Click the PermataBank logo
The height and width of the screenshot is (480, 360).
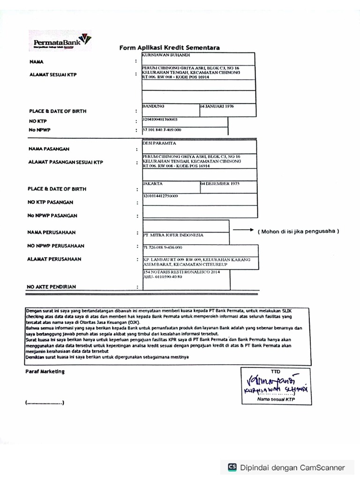click(60, 40)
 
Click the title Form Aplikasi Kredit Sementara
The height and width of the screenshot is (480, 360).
click(169, 48)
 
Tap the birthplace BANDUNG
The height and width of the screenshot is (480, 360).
click(153, 106)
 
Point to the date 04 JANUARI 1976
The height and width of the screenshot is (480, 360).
click(217, 106)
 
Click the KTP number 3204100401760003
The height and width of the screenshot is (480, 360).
click(160, 120)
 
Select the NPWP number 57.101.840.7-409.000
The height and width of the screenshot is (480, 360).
click(162, 130)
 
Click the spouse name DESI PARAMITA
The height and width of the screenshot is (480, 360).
click(159, 143)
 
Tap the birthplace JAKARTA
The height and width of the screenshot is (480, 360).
click(153, 184)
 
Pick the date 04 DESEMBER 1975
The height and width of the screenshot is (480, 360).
click(220, 184)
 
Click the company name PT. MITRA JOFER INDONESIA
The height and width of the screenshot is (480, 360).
click(173, 235)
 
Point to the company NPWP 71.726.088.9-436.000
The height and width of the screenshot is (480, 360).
click(163, 247)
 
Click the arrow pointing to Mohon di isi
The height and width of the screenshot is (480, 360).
click(243, 230)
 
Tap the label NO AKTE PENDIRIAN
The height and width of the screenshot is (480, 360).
click(52, 286)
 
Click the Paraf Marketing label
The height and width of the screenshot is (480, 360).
click(45, 371)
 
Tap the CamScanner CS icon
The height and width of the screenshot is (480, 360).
click(232, 467)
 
